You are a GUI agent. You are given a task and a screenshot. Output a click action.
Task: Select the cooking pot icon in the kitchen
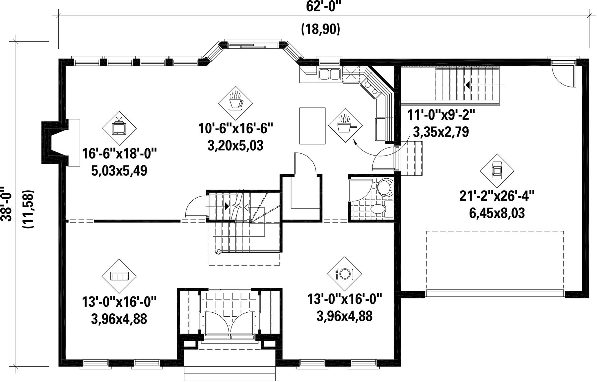[x=345, y=125]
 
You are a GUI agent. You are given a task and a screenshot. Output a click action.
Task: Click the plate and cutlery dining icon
[x=345, y=274]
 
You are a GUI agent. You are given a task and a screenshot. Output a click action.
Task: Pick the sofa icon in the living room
[x=119, y=276]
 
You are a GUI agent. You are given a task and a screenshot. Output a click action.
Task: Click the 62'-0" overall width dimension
[x=323, y=6]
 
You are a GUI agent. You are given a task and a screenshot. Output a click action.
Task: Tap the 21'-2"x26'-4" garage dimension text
[x=497, y=196]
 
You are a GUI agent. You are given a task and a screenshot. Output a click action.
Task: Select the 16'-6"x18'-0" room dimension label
[x=119, y=154]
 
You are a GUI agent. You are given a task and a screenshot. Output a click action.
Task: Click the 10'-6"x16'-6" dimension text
[x=235, y=128]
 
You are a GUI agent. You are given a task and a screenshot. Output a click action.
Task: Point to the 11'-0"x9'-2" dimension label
[x=441, y=115]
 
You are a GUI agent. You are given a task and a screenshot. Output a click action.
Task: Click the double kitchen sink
[x=329, y=74]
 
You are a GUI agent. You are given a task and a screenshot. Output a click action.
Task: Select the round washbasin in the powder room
[x=384, y=187]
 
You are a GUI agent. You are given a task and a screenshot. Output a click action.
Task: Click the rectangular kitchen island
[x=312, y=126]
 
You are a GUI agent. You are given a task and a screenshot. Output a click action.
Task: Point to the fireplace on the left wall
[x=61, y=143]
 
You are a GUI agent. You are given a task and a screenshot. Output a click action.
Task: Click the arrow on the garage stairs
[x=485, y=85]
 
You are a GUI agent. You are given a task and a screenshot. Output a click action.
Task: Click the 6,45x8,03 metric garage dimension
[x=497, y=213]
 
